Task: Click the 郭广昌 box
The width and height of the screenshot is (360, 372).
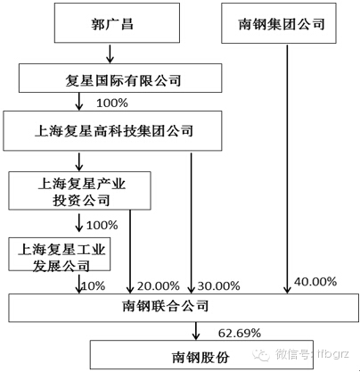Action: tap(117, 23)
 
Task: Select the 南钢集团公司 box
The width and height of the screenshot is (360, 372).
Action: tap(279, 23)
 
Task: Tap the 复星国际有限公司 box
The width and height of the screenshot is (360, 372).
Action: tap(120, 78)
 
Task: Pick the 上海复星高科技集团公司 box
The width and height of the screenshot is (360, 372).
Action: tap(112, 131)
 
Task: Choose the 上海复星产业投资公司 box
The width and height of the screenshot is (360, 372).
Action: tap(79, 191)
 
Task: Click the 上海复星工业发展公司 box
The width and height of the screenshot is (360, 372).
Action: tap(60, 254)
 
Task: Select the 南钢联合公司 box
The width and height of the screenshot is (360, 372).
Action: tap(184, 308)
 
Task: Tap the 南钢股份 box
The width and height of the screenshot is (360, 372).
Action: tap(201, 355)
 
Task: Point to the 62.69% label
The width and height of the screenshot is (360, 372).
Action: tap(240, 333)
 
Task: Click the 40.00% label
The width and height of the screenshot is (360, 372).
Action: tap(315, 281)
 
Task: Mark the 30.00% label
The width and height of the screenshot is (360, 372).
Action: tap(218, 286)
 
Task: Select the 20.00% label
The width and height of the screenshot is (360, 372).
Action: tap(159, 286)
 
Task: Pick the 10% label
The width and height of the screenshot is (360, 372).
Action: tap(94, 286)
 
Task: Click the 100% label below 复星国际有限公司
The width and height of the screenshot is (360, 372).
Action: tap(112, 103)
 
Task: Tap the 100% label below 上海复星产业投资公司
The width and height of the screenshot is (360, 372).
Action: tap(102, 225)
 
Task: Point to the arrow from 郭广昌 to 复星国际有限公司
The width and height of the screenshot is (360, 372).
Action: tap(110, 54)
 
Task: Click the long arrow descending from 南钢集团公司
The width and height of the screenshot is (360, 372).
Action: tap(287, 169)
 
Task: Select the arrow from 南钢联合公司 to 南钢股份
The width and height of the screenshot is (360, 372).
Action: tap(195, 331)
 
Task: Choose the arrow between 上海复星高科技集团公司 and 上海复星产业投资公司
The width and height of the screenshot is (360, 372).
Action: tap(79, 162)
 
